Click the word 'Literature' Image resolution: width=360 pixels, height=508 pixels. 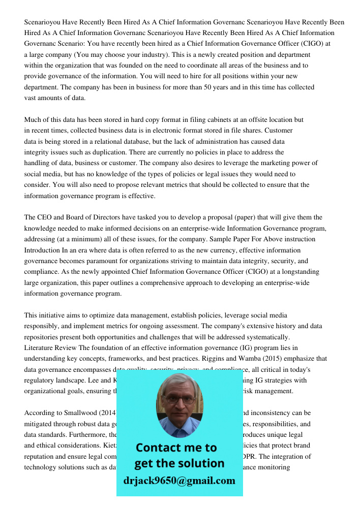coord(40,347)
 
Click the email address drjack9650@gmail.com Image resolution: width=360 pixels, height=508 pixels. coord(179,481)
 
